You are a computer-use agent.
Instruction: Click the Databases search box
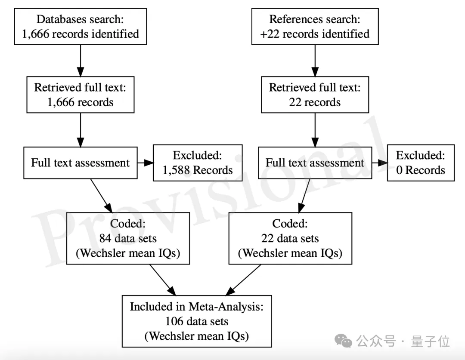tap(80, 26)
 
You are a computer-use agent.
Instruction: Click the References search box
tap(315, 26)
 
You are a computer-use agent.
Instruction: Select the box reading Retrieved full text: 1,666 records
tap(80, 95)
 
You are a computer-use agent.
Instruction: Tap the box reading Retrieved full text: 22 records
tap(315, 95)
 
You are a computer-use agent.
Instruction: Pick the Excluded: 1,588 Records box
tap(197, 163)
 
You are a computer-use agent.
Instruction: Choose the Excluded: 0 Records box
tap(421, 163)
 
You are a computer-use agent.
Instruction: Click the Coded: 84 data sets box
tap(128, 238)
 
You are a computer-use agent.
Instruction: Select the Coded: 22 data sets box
tap(290, 238)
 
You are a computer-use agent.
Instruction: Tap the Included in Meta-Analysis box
tap(197, 321)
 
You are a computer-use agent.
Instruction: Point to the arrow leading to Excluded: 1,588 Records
tap(146, 163)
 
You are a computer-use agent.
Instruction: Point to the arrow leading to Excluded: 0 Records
tap(379, 163)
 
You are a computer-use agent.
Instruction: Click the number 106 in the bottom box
tap(174, 321)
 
